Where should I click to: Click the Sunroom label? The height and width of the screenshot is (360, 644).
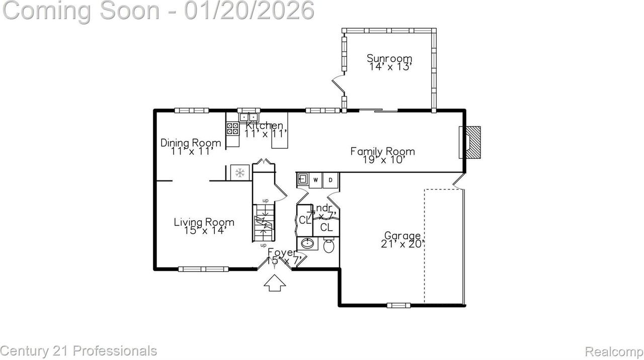click(x=389, y=58)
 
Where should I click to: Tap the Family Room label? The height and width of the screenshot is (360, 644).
click(x=382, y=151)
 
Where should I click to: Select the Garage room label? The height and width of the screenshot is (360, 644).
click(x=403, y=235)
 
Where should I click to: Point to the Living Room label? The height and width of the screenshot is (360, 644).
click(x=204, y=222)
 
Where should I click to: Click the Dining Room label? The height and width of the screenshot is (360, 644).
click(x=191, y=143)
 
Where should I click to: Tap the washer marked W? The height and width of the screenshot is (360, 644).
click(x=316, y=180)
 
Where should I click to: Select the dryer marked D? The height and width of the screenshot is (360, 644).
click(x=331, y=180)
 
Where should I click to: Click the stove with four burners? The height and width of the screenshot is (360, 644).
click(x=232, y=128)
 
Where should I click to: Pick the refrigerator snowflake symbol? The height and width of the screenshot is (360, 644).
click(x=240, y=172)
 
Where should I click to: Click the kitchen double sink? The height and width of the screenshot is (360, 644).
click(x=248, y=117)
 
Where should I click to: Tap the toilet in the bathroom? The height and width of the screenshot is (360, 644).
click(x=329, y=245)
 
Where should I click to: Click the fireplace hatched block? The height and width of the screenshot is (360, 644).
click(x=473, y=143)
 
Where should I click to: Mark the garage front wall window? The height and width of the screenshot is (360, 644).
click(x=398, y=305)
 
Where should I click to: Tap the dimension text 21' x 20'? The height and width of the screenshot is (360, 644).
click(x=403, y=244)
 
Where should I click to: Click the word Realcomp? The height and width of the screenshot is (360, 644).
click(x=614, y=351)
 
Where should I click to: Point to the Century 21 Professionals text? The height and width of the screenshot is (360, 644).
click(x=78, y=350)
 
